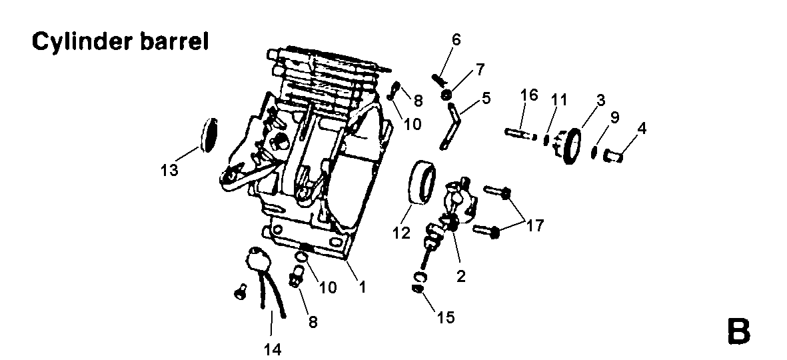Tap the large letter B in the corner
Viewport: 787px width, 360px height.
738,331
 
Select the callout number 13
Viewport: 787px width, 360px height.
169,170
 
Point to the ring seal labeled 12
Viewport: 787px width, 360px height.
422,181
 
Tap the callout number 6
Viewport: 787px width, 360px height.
456,39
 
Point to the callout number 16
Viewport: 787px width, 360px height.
528,95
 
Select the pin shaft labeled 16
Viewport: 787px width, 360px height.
520,135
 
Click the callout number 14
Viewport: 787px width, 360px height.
273,349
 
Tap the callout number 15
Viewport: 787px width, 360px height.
445,317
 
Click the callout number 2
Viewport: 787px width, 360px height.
460,275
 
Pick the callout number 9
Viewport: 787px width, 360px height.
614,118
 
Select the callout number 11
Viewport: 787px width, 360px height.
558,101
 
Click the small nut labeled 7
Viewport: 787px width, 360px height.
445,94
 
